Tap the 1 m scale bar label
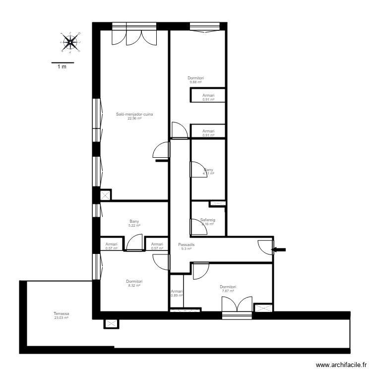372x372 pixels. tap(62, 66)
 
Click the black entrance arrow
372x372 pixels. tap(280, 250)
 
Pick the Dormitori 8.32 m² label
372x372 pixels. tap(134, 283)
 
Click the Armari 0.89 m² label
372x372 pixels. tap(177, 293)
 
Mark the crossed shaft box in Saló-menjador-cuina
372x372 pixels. tap(106, 195)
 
